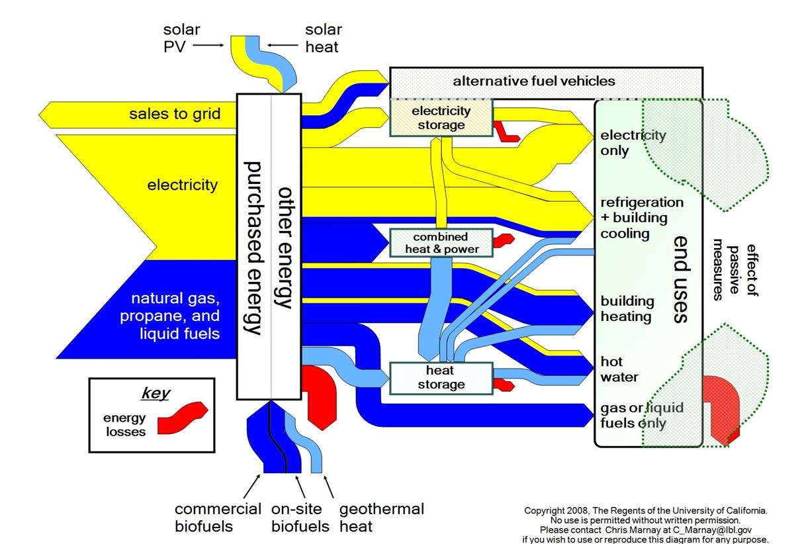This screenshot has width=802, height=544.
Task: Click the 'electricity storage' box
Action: point(441,118)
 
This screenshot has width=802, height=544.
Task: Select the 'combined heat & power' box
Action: point(441,243)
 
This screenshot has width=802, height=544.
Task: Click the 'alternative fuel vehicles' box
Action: point(533,81)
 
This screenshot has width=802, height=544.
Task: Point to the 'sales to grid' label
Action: point(174,114)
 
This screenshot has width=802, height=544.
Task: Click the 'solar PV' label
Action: point(181,38)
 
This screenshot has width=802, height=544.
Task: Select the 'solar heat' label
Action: point(323,38)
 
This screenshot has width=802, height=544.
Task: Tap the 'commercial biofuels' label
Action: point(218,518)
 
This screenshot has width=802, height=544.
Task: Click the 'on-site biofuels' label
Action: point(300,518)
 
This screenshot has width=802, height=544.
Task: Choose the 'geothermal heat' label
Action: point(381,518)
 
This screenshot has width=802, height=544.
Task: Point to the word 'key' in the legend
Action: point(156,393)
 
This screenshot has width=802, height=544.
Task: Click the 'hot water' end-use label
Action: point(619,369)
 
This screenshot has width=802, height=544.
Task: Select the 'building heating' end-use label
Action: point(626,308)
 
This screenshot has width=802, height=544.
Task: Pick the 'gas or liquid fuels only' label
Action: point(641,416)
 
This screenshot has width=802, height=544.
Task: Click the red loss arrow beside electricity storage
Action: point(508,132)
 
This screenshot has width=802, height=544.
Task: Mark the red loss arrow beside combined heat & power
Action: point(505,240)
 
